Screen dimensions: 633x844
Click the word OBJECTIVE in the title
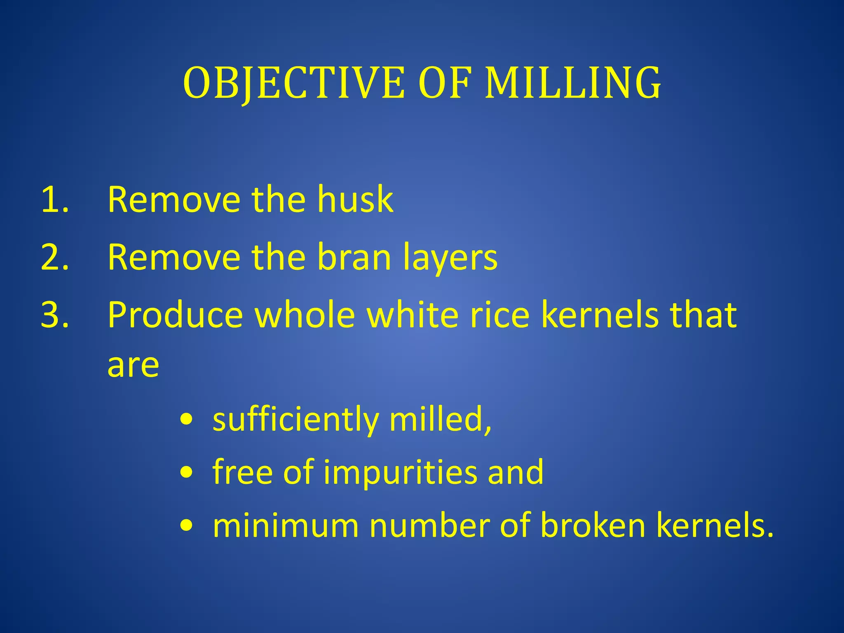(294, 84)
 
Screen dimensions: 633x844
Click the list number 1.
(54, 200)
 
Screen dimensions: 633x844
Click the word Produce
(175, 316)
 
